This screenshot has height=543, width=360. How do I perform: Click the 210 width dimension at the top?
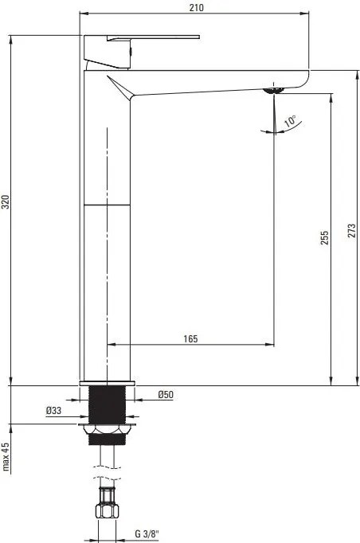[x=197, y=7]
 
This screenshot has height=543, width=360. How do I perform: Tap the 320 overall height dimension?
[x=6, y=202]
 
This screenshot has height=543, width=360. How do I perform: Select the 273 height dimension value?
[x=352, y=231]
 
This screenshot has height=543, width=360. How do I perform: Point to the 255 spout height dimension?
[x=324, y=238]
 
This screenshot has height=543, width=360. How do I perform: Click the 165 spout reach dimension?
[x=190, y=338]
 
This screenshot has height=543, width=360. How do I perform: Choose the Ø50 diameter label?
[x=166, y=394]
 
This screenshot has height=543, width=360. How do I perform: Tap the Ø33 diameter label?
[x=53, y=410]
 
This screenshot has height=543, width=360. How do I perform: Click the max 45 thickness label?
[x=6, y=457]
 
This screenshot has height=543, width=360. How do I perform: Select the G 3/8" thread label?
[x=147, y=533]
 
